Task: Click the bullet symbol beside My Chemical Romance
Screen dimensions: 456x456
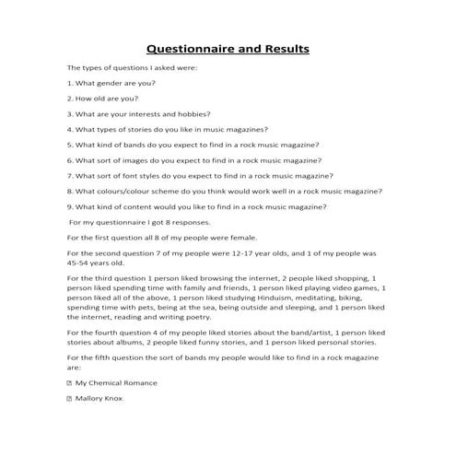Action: [x=70, y=382]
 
